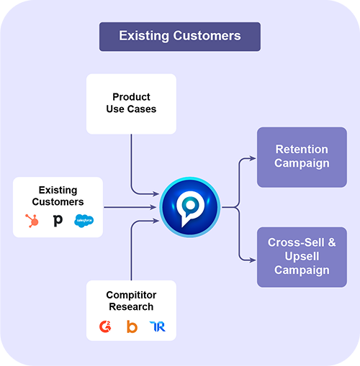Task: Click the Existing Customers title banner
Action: [x=179, y=36]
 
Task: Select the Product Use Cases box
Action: [x=131, y=104]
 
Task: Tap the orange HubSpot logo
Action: [x=32, y=221]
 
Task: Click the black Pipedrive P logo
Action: [x=58, y=221]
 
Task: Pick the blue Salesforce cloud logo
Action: [x=84, y=221]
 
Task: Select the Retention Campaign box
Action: [x=302, y=157]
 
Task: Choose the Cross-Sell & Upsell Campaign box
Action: [x=302, y=257]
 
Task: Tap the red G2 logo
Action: [x=106, y=326]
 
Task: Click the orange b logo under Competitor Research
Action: [x=132, y=326]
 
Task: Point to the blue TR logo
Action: [x=157, y=326]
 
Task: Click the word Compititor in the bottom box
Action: [x=130, y=295]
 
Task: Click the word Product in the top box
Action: [x=130, y=97]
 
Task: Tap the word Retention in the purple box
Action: [x=302, y=150]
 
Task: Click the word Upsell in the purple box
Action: [x=302, y=257]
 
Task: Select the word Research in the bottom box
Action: [x=130, y=306]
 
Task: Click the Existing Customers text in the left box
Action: [x=58, y=196]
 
